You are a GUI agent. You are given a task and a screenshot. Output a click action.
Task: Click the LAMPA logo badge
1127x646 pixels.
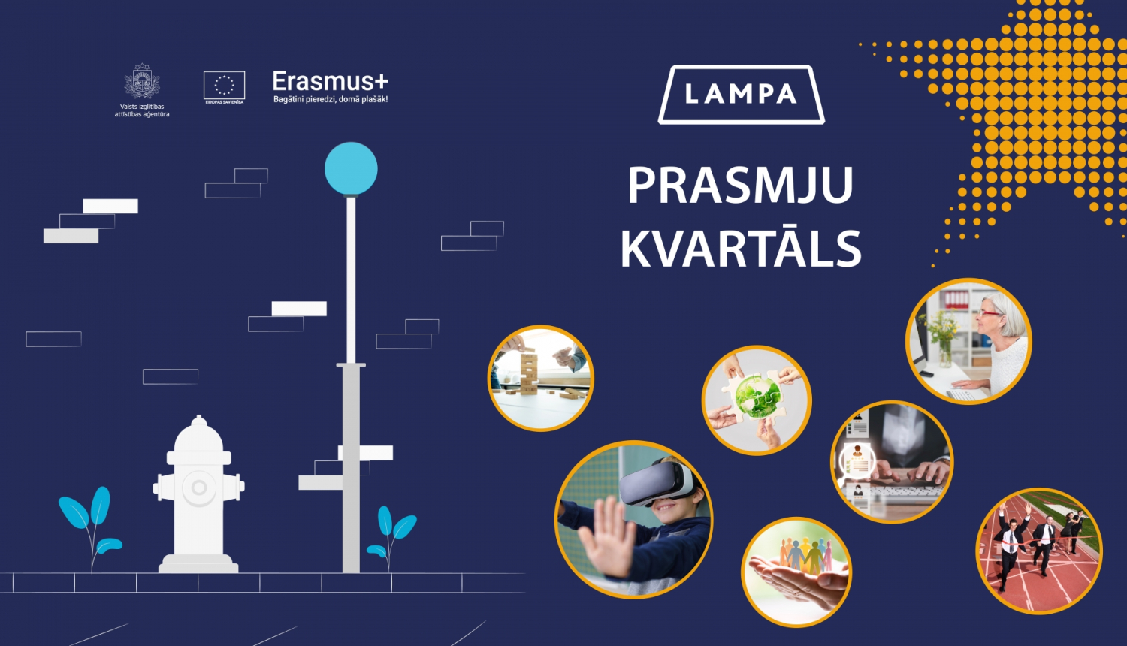pyautogui.click(x=741, y=95)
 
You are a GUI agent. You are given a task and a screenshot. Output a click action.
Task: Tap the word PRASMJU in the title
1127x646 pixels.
pyautogui.click(x=740, y=186)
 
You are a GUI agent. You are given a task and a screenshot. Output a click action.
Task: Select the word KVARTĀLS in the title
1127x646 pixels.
pyautogui.click(x=741, y=249)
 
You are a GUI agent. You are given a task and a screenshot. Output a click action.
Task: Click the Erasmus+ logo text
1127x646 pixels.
pyautogui.click(x=330, y=81)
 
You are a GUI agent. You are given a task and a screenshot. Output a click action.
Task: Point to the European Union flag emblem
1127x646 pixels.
pyautogui.click(x=224, y=85)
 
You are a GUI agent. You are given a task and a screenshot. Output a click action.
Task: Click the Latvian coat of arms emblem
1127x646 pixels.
pyautogui.click(x=142, y=82)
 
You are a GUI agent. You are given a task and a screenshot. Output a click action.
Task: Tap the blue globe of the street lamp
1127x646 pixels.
pyautogui.click(x=351, y=168)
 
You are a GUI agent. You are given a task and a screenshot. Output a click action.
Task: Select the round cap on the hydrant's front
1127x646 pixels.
pyautogui.click(x=199, y=488)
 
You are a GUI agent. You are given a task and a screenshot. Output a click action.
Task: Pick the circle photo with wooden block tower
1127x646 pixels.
pyautogui.click(x=541, y=378)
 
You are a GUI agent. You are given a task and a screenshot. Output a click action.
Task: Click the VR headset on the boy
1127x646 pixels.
pyautogui.click(x=656, y=481)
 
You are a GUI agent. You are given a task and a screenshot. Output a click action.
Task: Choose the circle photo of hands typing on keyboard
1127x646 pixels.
pyautogui.click(x=892, y=462)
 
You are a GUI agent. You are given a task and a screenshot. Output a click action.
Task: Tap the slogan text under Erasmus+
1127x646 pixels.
pyautogui.click(x=331, y=99)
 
